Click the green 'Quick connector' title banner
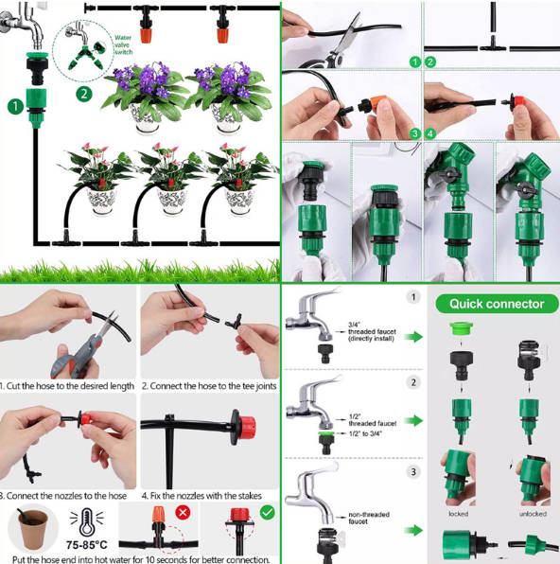[x=496, y=304]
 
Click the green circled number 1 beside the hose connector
[x=14, y=107]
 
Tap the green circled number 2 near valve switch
[x=83, y=94]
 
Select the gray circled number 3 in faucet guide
[x=412, y=470]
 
